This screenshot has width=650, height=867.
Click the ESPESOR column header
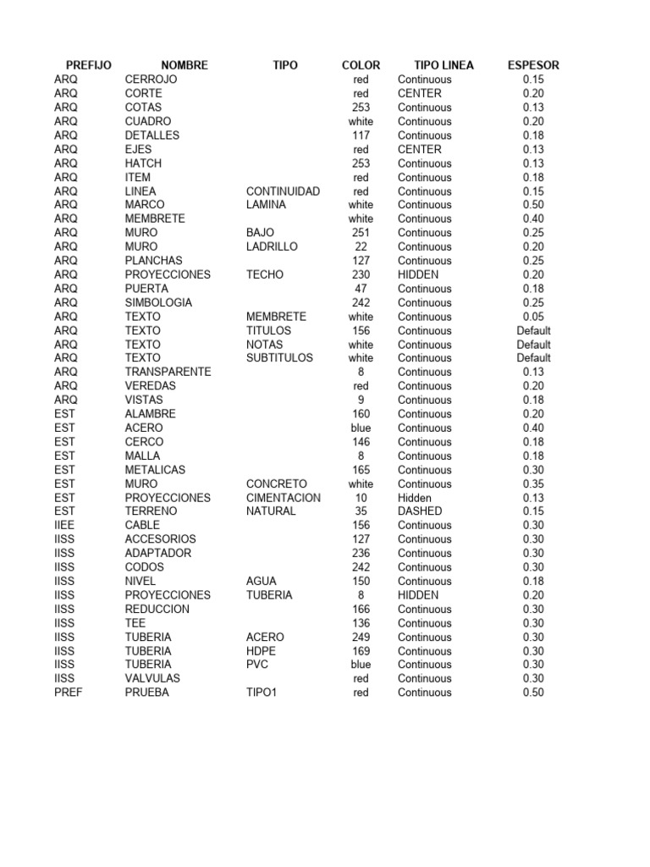pyautogui.click(x=532, y=65)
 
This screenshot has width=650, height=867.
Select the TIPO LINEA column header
pyautogui.click(x=443, y=65)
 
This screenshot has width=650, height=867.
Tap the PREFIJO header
pyautogui.click(x=88, y=65)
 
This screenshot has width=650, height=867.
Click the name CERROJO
pyautogui.click(x=151, y=80)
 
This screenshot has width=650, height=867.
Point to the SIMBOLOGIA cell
pyautogui.click(x=158, y=302)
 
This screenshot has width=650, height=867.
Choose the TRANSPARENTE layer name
pyautogui.click(x=168, y=372)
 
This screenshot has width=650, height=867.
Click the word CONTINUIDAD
pyautogui.click(x=283, y=191)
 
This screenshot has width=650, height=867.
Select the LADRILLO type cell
pyautogui.click(x=272, y=246)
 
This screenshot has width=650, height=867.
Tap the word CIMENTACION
pyautogui.click(x=284, y=498)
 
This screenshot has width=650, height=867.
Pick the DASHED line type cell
pyautogui.click(x=420, y=511)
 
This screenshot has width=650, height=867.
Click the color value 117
pyautogui.click(x=361, y=135)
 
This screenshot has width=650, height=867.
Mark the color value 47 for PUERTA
pyautogui.click(x=361, y=289)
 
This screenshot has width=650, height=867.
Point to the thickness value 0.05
pyautogui.click(x=533, y=317)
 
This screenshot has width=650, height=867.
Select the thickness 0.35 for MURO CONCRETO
pyautogui.click(x=533, y=484)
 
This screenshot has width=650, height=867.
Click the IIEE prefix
pyautogui.click(x=65, y=525)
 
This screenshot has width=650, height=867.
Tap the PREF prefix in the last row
pyautogui.click(x=68, y=693)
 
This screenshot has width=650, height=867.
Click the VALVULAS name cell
pyautogui.click(x=152, y=678)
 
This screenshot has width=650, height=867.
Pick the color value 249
pyautogui.click(x=361, y=637)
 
